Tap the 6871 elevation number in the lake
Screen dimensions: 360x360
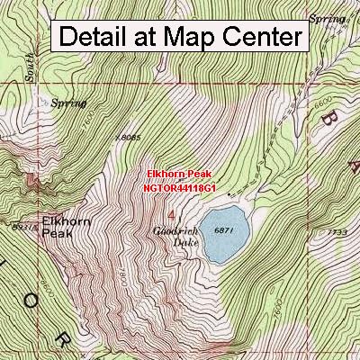click(224, 230)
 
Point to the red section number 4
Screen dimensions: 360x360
click(170, 214)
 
